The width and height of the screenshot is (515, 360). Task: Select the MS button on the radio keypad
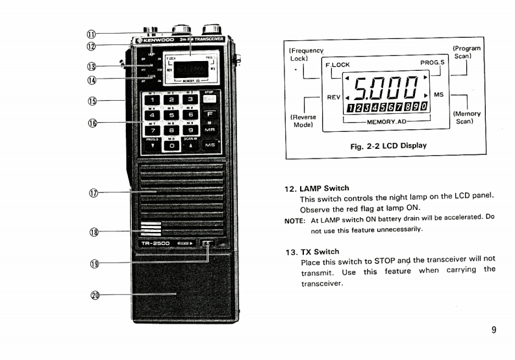[210, 146]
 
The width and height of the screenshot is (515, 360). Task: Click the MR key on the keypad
[210, 129]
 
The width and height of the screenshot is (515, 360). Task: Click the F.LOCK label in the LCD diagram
[337, 65]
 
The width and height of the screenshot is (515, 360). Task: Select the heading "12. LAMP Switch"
[317, 188]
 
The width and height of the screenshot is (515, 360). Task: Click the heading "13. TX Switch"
[312, 251]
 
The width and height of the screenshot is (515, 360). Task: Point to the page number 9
[494, 329]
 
